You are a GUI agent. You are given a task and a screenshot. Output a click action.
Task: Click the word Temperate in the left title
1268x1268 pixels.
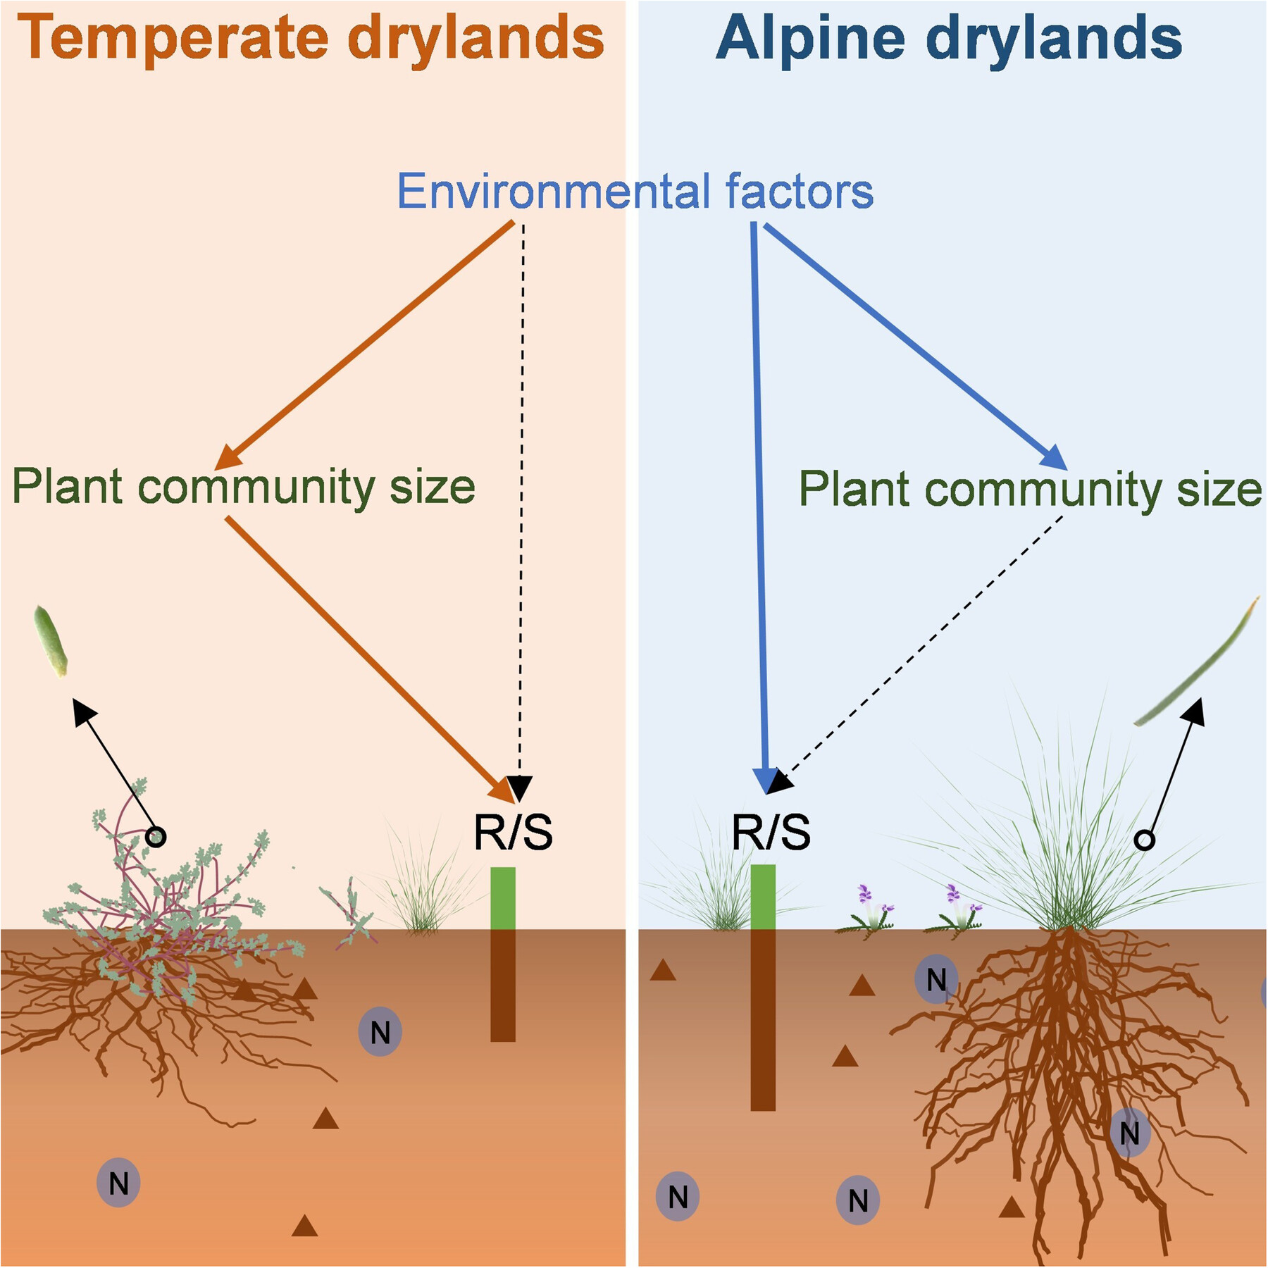click(x=173, y=39)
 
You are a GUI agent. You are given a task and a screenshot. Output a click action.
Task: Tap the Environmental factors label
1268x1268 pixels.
click(x=635, y=191)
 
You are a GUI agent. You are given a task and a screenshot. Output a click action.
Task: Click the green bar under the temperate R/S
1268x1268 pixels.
click(x=503, y=898)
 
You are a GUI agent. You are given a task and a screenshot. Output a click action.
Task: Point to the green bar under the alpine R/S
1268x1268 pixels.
click(x=763, y=897)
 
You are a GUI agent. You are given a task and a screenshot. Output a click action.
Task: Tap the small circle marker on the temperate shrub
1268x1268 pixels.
click(x=156, y=837)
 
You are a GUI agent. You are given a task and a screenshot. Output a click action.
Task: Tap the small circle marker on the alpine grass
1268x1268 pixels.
click(x=1145, y=840)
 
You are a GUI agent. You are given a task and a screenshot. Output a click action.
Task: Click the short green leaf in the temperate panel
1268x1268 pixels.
click(x=51, y=641)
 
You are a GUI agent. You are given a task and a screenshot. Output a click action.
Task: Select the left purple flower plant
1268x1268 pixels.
click(x=868, y=912)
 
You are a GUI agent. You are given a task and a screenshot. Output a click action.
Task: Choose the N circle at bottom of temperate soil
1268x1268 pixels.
click(x=118, y=1183)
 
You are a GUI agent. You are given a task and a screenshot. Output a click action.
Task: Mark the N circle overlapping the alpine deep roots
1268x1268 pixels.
click(x=1129, y=1133)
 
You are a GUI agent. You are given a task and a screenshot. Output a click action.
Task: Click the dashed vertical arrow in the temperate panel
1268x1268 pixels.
click(x=521, y=493)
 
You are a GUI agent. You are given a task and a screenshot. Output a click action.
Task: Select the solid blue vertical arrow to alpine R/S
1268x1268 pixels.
click(x=759, y=493)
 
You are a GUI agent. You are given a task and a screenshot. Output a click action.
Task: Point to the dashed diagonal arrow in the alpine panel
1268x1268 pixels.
click(x=923, y=645)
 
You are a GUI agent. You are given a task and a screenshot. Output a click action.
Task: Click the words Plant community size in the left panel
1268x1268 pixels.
click(x=244, y=487)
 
